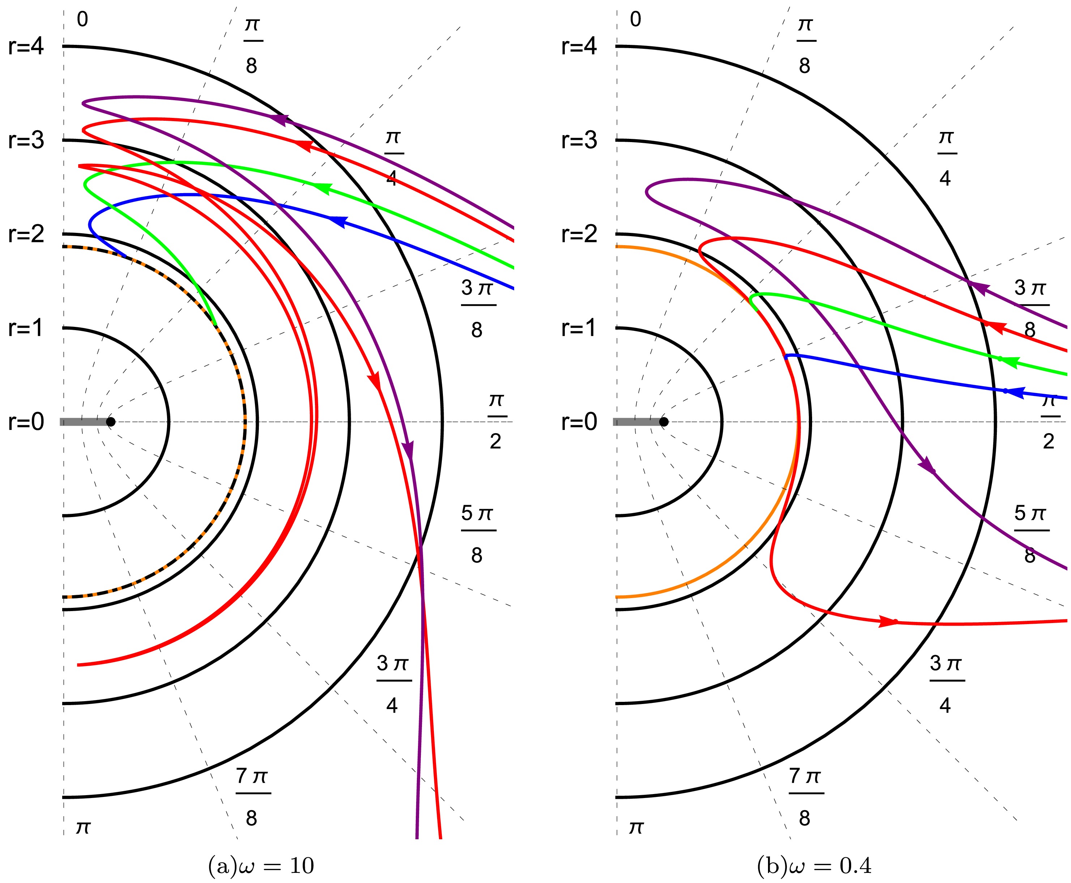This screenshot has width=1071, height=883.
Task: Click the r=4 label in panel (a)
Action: click(26, 46)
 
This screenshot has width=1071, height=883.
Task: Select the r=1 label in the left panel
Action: click(26, 328)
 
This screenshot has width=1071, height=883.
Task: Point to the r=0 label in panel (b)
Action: click(579, 422)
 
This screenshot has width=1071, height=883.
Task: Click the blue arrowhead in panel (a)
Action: click(337, 221)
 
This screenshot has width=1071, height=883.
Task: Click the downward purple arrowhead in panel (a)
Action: click(408, 450)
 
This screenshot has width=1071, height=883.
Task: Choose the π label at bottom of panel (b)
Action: click(636, 828)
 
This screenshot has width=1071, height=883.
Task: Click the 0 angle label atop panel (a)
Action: click(82, 19)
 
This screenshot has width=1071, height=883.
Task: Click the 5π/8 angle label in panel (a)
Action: click(477, 534)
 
